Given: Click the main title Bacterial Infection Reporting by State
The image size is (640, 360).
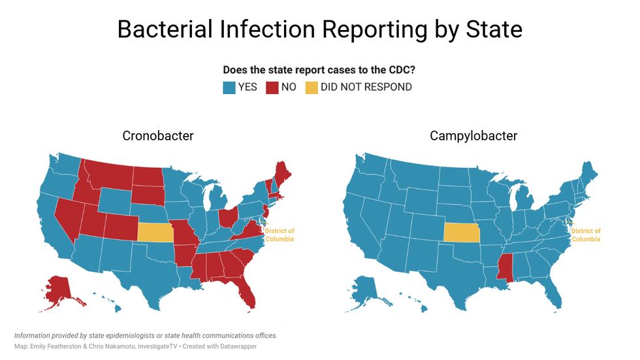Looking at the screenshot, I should [x=319, y=29].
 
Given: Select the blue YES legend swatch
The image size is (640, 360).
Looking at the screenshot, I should [x=229, y=87].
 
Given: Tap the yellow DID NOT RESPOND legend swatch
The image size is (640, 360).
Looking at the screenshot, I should [x=312, y=87].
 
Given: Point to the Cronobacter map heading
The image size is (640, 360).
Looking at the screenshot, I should [x=158, y=136].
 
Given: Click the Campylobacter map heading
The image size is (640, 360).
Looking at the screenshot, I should [x=473, y=136].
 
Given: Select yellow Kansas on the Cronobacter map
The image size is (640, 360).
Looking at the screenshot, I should [x=155, y=233].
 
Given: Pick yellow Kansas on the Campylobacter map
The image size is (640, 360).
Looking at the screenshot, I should [x=461, y=233].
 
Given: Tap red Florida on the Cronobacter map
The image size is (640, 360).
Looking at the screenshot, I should [x=246, y=291].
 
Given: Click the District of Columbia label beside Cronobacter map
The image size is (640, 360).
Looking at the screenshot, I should [x=280, y=235].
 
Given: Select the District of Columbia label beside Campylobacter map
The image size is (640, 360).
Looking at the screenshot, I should [x=586, y=235].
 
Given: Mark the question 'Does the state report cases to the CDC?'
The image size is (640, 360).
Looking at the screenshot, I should [x=319, y=70].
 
